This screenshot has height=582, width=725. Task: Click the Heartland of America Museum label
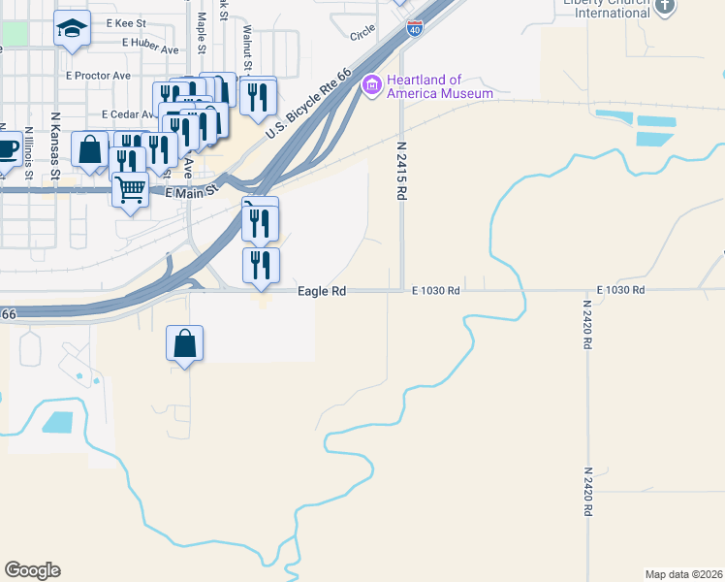440,86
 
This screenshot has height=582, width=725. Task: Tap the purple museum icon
371,86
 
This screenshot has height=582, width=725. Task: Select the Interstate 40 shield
414,28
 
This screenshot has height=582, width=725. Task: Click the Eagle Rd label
322,290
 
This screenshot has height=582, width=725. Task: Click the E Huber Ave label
146,48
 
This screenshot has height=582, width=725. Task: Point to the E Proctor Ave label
98,75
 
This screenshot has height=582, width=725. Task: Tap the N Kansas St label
55,150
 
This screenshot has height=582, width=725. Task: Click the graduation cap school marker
72,29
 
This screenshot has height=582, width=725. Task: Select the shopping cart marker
130,189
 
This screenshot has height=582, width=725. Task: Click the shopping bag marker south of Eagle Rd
184,343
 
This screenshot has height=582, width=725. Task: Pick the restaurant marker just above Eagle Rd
260,265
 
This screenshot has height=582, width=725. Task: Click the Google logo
32,570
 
